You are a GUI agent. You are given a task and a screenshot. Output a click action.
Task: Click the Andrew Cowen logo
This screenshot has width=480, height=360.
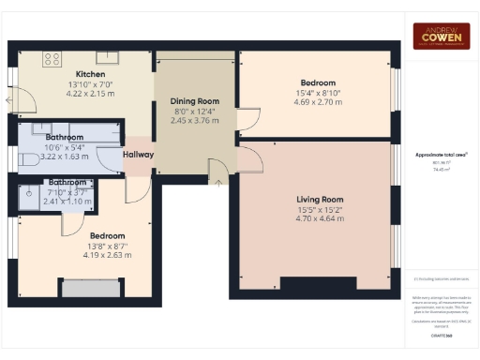pos(442,35)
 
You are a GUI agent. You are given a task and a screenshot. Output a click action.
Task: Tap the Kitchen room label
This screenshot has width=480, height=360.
pos(90,74)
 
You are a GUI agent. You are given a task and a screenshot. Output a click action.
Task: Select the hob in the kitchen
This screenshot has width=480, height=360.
pos(52,58)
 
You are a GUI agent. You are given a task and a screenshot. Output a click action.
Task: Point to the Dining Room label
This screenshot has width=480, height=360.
pos(193,101)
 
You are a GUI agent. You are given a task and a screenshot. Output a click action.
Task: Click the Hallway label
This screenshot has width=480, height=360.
pos(138,155)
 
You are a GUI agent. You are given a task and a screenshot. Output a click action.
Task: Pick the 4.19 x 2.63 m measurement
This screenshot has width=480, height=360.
pos(103,255)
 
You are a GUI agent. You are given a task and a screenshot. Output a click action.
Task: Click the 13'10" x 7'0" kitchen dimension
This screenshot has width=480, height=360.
pos(90,84)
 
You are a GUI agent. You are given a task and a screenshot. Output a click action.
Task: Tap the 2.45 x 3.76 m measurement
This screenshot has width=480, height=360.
pos(193,120)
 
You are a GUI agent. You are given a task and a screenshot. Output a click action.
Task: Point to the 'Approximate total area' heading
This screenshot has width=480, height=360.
pos(442,153)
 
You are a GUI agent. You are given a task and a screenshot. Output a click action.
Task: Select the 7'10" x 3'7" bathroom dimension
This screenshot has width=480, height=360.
pos(68,191)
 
